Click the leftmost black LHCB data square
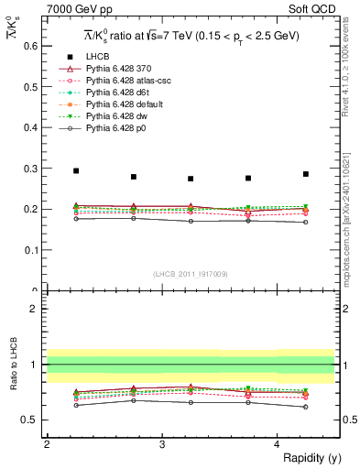point(76,170)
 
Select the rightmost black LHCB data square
point(306,174)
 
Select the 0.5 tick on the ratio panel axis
point(33,420)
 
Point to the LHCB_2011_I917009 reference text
point(191,273)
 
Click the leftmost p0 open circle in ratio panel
point(76,405)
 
